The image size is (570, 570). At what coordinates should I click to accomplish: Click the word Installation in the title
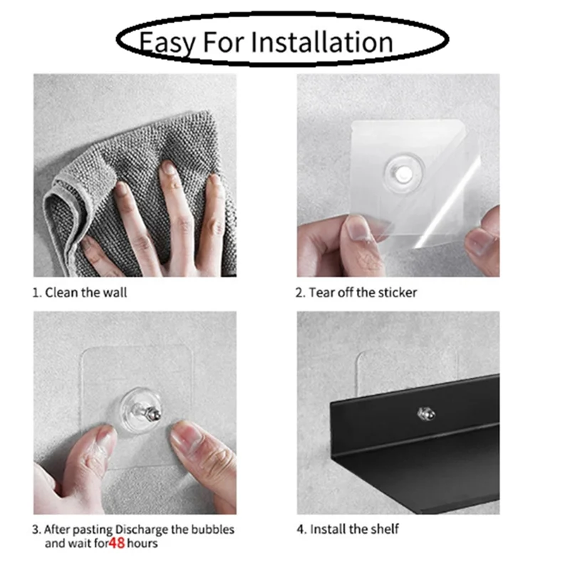pyautogui.click(x=332, y=42)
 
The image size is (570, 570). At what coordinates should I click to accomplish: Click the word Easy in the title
pyautogui.click(x=166, y=42)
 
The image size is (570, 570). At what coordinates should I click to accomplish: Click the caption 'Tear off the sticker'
pyautogui.click(x=356, y=292)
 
